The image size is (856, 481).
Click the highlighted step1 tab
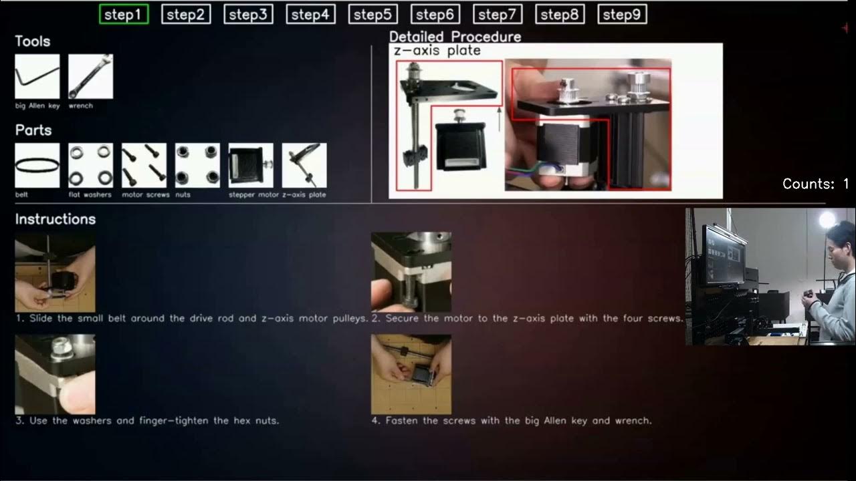[x=124, y=14]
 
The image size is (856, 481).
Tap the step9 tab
[x=621, y=14]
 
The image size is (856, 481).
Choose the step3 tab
[x=248, y=14]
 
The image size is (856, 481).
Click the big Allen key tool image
[x=37, y=77]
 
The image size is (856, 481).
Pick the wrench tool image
[x=90, y=77]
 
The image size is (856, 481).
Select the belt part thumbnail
[x=37, y=165]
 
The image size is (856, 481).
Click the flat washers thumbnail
[x=90, y=165]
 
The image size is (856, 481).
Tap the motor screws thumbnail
[x=144, y=165]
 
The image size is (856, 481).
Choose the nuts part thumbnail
[x=197, y=165]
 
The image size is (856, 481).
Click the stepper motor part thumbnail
[x=251, y=165]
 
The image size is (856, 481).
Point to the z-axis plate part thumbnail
[x=304, y=165]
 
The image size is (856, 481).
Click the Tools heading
[x=33, y=41]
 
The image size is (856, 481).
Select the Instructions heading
[x=56, y=219]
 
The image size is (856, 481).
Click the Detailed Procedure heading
[x=455, y=36]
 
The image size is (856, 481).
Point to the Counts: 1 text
[x=815, y=184]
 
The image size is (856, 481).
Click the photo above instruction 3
[x=55, y=374]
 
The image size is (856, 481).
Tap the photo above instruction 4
[x=411, y=374]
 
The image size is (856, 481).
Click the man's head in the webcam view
[x=841, y=237]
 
